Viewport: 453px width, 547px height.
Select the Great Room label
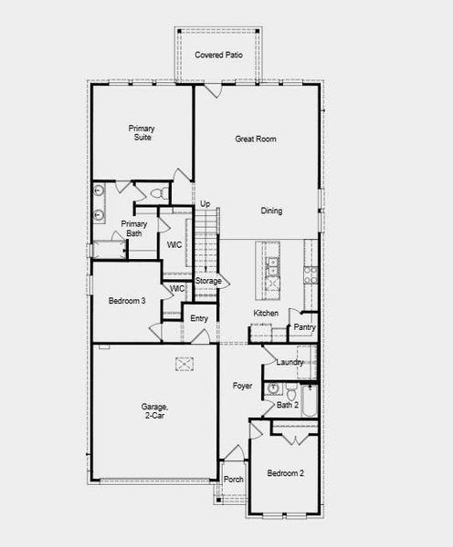point(256,139)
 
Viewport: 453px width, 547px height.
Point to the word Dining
point(271,211)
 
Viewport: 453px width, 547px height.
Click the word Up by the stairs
point(205,203)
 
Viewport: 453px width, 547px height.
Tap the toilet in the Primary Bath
point(158,193)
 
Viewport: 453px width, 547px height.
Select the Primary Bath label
point(134,229)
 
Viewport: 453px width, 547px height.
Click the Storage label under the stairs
point(207,281)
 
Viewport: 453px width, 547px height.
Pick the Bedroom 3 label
point(128,300)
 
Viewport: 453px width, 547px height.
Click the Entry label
point(199,318)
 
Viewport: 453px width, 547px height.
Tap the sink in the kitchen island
point(271,265)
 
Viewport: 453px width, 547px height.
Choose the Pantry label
point(304,327)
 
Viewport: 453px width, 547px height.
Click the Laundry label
point(290,363)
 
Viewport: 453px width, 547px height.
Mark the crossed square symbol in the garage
point(185,365)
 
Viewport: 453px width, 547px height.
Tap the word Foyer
point(242,387)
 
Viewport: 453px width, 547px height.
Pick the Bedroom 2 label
point(286,473)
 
